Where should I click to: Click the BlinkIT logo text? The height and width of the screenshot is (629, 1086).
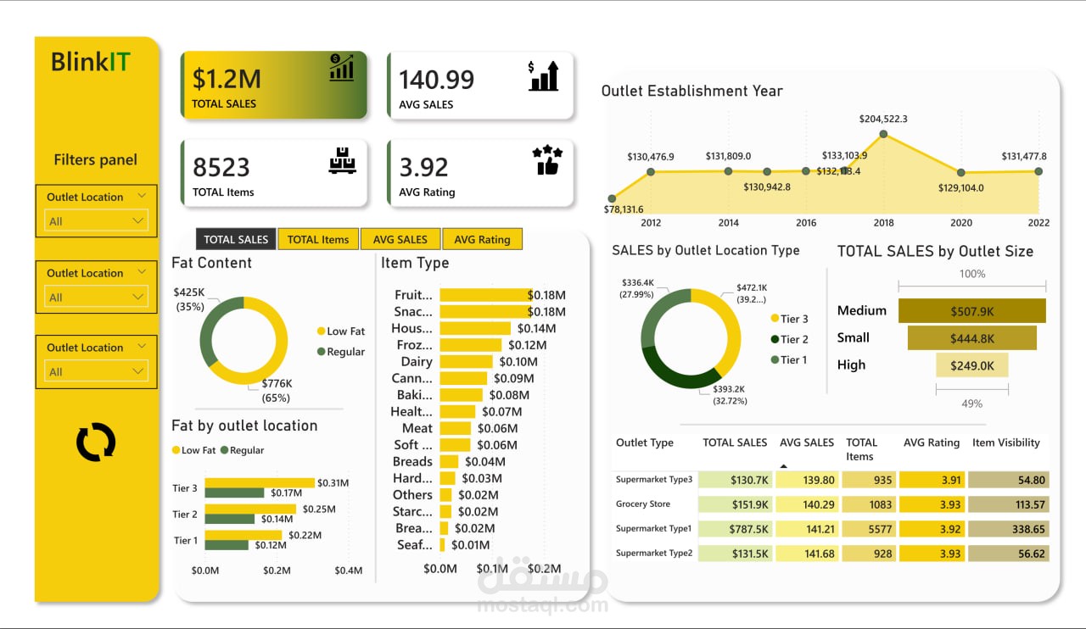[x=91, y=62]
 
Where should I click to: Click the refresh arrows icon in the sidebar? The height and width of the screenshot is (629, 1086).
[x=96, y=443]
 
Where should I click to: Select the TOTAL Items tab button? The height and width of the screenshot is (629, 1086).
[x=318, y=239]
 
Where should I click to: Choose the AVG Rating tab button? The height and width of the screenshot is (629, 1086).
[x=482, y=239]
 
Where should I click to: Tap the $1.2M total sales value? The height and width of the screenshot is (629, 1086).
[x=227, y=79]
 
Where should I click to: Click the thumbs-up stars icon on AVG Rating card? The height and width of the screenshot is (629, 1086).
[x=547, y=160]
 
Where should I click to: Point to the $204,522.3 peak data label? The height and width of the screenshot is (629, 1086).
[x=883, y=119]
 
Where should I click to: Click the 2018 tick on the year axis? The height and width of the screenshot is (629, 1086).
[x=883, y=223]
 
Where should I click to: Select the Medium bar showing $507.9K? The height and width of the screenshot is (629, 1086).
[x=971, y=311]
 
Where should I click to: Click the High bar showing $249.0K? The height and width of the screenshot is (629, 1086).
[x=971, y=365]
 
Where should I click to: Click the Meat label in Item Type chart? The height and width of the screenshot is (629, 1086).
[x=417, y=428]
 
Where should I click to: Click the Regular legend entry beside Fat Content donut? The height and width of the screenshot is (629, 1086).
[x=341, y=352]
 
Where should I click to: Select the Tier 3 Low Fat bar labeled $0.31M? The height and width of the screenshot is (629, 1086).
[x=259, y=482]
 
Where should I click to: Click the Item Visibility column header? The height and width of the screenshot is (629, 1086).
[x=1005, y=443]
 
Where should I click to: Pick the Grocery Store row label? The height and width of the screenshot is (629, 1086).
[x=643, y=504]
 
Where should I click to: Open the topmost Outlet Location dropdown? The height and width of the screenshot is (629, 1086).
[x=96, y=221]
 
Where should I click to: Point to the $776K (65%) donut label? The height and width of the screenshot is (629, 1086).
[x=276, y=390]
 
